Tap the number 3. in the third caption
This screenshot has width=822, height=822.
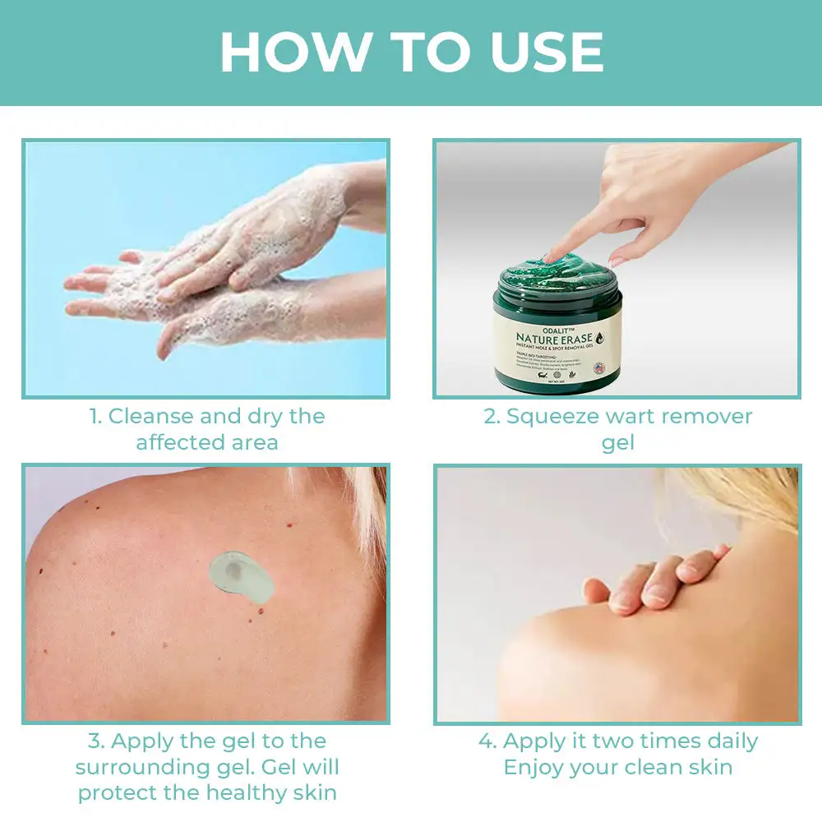96,741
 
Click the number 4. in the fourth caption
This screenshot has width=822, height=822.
487,741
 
